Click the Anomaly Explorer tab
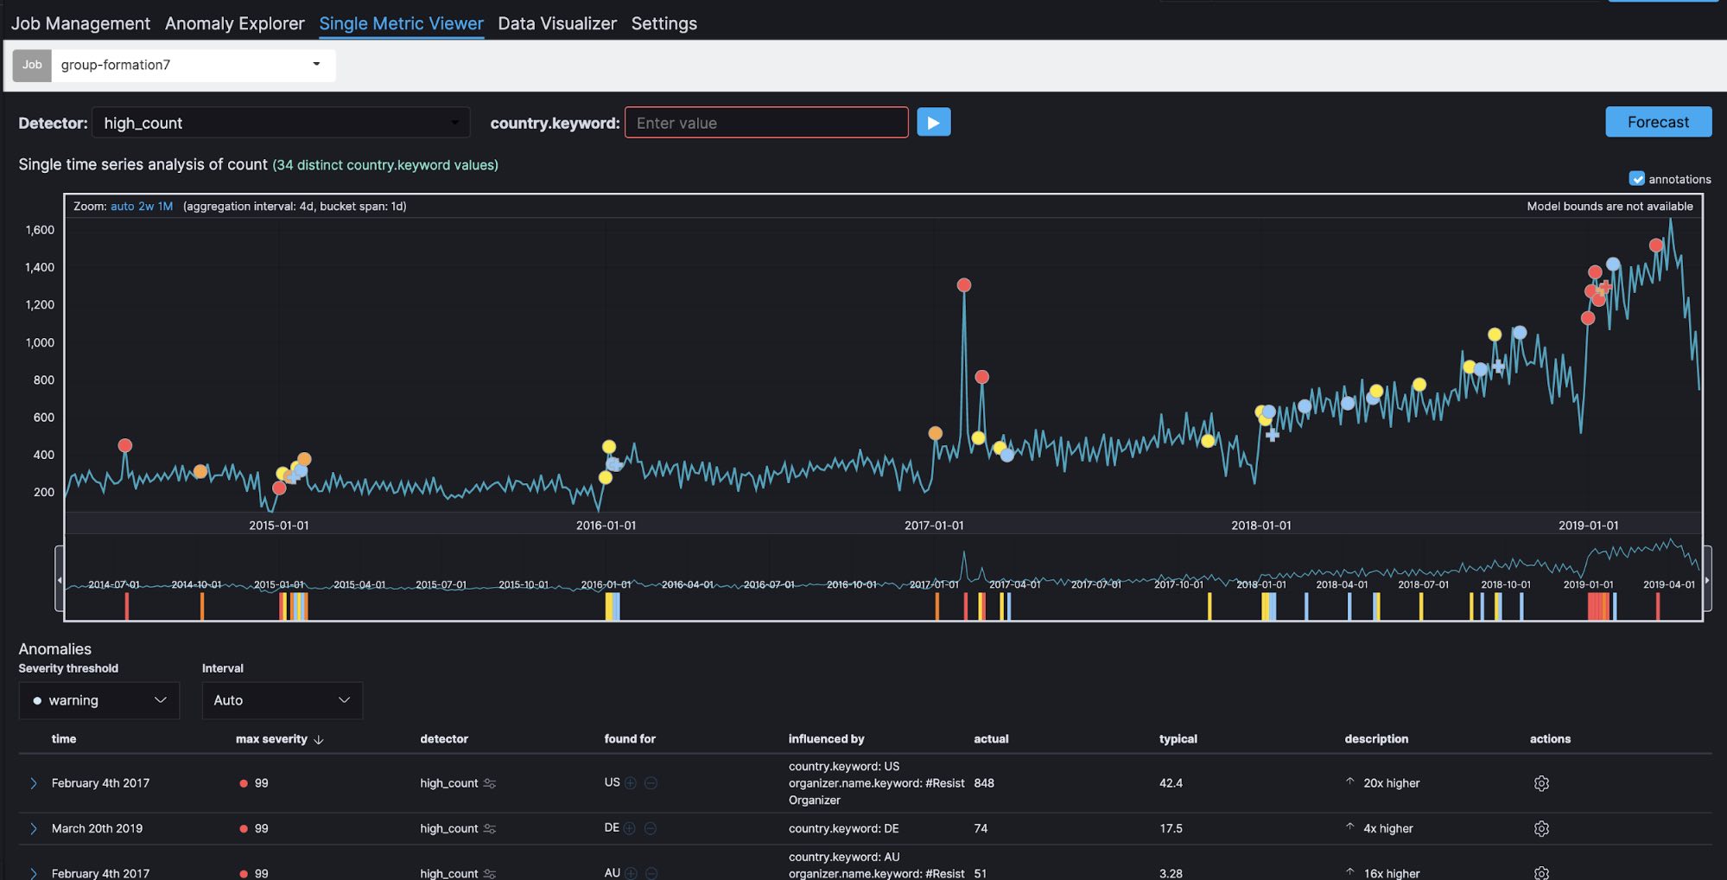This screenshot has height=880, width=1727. coord(234,23)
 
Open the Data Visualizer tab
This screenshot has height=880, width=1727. coord(556,23)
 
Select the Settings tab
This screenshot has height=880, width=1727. coord(663,23)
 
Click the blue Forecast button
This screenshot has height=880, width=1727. coord(1657,122)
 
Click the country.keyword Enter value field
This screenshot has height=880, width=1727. coord(765,123)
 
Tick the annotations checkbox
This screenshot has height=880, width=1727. coord(1636,179)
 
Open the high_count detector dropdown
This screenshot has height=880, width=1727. coord(280,123)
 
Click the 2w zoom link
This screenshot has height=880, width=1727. coord(146,207)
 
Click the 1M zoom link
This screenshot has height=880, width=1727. coord(165,207)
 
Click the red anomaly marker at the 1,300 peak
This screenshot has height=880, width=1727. coord(964,285)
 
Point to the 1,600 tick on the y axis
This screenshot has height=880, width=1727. coord(40,230)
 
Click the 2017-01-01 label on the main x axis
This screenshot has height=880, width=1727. coord(933,526)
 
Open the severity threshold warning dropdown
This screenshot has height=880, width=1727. coord(98,700)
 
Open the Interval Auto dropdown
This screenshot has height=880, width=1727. coord(282,700)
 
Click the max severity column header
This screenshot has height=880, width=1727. coord(271,739)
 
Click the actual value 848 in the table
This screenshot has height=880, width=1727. coord(983,783)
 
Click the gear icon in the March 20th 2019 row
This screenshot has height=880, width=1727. coord(1540,828)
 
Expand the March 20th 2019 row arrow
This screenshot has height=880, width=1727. coord(34,828)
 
